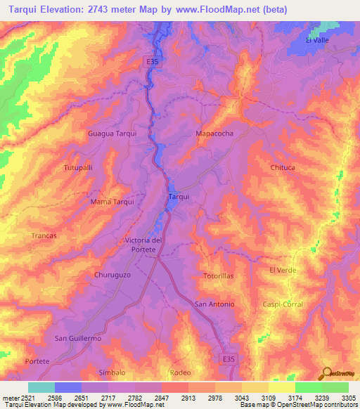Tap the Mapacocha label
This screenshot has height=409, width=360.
[x=214, y=133]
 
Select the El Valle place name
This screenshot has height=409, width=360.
[x=317, y=41]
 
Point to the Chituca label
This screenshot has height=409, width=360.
[x=282, y=167]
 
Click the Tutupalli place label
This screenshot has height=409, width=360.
[x=78, y=169]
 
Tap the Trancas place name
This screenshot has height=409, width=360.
[x=44, y=236]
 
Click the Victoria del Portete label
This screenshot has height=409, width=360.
[x=144, y=245]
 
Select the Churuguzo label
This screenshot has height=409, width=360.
[x=112, y=275]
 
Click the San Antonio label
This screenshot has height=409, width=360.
[x=214, y=304]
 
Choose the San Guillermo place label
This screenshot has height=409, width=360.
[x=79, y=339]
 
